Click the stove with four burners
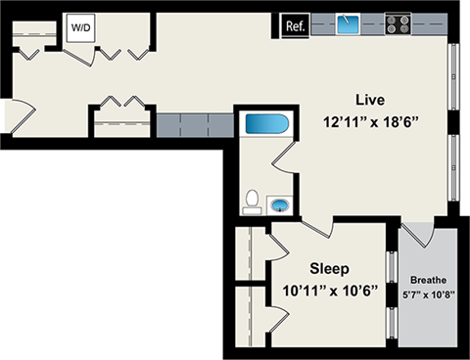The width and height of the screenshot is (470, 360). [x=398, y=23]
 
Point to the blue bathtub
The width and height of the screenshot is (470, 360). [x=265, y=125]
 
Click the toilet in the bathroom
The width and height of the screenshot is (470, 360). [x=253, y=202]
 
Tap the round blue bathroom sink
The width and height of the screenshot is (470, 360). [x=280, y=205]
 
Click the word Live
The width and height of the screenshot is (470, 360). [x=369, y=100]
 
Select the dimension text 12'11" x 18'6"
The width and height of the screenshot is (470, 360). [x=369, y=121]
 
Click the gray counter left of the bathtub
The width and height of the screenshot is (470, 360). [x=194, y=123]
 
